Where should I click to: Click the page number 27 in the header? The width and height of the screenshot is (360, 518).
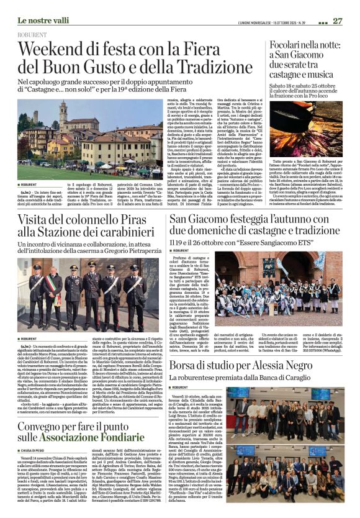click(x=338, y=20)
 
